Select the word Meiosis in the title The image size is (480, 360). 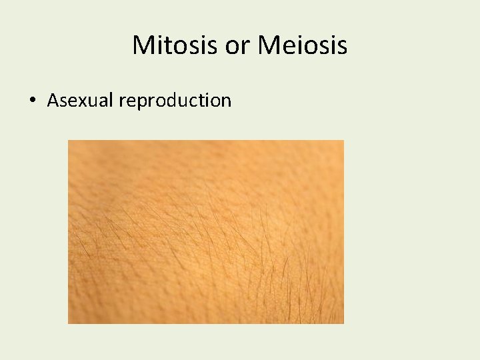pyautogui.click(x=303, y=45)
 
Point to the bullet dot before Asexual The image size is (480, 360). pyautogui.click(x=32, y=101)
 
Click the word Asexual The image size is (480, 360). pyautogui.click(x=80, y=101)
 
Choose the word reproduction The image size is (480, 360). pyautogui.click(x=175, y=101)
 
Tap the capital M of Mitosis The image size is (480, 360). pyautogui.click(x=143, y=45)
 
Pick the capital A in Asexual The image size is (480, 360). pyautogui.click(x=53, y=101)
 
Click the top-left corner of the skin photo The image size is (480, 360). pyautogui.click(x=68, y=140)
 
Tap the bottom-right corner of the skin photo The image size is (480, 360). pyautogui.click(x=344, y=324)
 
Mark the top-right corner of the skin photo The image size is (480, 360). pyautogui.click(x=344, y=140)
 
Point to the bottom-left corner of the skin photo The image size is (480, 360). pyautogui.click(x=68, y=324)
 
